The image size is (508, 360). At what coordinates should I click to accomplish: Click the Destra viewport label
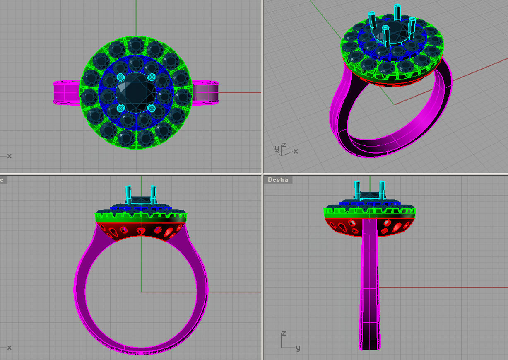tap(278, 180)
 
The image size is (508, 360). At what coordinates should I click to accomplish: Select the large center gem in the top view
tap(136, 92)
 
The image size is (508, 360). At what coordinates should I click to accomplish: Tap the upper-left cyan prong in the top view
tap(120, 77)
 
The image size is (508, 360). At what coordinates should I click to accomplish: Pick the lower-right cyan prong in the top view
tap(152, 108)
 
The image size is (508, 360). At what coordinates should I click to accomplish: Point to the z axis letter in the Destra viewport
tap(283, 334)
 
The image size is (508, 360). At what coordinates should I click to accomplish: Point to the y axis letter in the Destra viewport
tap(298, 348)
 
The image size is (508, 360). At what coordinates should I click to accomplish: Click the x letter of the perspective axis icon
tap(296, 151)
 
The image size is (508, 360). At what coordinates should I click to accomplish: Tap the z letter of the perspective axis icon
tap(284, 145)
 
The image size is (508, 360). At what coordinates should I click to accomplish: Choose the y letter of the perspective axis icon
tap(276, 148)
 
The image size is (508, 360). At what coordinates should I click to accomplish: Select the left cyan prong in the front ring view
tap(128, 194)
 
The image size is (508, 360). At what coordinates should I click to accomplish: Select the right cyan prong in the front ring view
tap(153, 194)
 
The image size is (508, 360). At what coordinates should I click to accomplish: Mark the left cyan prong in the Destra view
tap(357, 190)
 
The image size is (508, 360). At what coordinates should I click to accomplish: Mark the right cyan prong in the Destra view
tap(382, 190)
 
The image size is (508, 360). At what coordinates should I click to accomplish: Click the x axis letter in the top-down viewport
tap(9, 156)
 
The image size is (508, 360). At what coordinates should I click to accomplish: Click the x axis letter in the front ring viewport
tap(9, 347)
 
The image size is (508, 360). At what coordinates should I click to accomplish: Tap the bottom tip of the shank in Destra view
tap(370, 347)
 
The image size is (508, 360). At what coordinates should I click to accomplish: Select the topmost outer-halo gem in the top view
tap(136, 44)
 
